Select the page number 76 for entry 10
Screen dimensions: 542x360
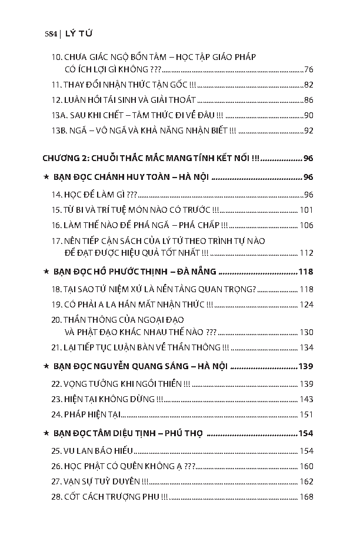[x=309, y=69]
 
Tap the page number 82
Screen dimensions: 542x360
[x=309, y=85]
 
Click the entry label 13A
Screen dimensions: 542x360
[x=58, y=115]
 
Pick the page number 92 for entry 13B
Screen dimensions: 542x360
[x=309, y=131]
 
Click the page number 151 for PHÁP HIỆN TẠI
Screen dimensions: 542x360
[x=306, y=414]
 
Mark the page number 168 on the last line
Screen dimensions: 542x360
[x=306, y=497]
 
